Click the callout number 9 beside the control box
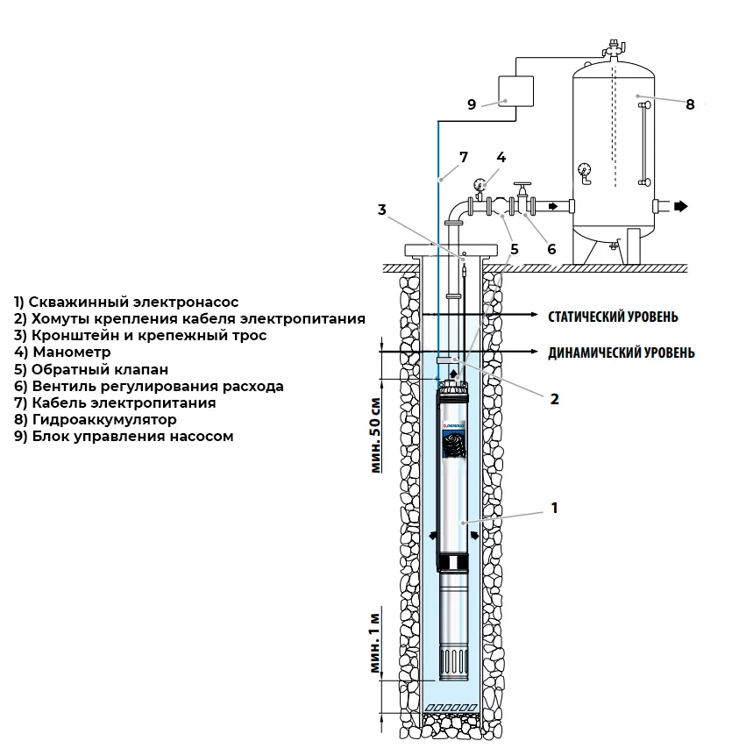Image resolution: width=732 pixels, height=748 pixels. (471, 104)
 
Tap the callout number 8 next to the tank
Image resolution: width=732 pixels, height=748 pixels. (690, 104)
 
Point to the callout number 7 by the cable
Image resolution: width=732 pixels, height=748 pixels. (464, 158)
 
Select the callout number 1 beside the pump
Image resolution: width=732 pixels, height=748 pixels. (554, 508)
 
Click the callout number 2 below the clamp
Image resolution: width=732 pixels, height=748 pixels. (554, 397)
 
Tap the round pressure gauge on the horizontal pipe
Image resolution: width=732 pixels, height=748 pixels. (480, 185)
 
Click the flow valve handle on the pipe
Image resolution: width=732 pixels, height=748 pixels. (523, 187)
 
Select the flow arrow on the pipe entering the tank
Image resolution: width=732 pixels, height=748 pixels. (552, 207)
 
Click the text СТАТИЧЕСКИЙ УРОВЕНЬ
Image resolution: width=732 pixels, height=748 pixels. (612, 316)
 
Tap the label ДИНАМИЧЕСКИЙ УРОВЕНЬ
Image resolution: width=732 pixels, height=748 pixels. (622, 353)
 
